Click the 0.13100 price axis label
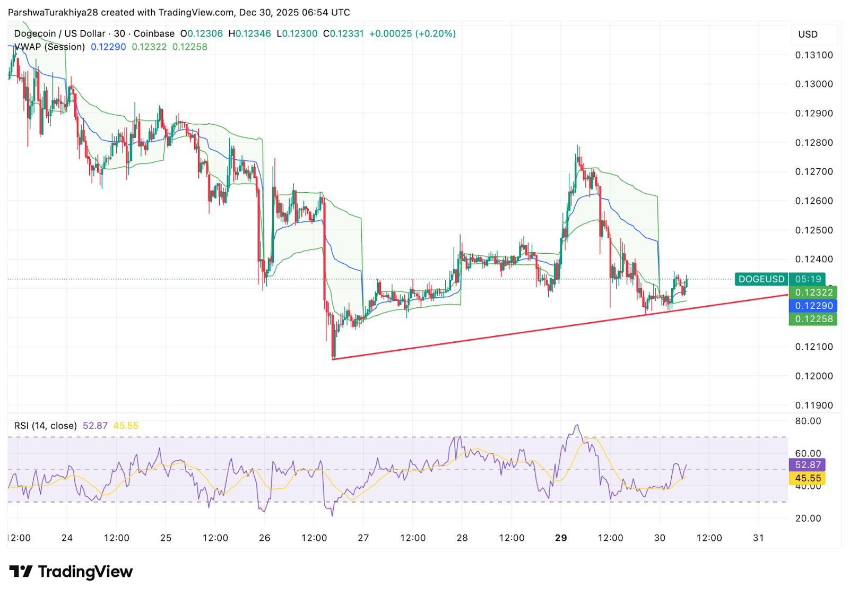click(x=813, y=55)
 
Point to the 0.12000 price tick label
click(x=813, y=376)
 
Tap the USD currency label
click(x=808, y=35)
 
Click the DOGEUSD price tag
click(x=761, y=279)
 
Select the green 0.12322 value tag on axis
click(x=813, y=292)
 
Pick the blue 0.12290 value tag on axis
click(x=813, y=306)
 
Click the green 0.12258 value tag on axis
click(x=813, y=319)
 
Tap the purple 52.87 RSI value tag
click(x=808, y=465)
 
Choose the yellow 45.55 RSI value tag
click(x=808, y=478)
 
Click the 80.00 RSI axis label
click(x=808, y=421)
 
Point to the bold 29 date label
click(x=561, y=538)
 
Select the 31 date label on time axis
click(x=758, y=538)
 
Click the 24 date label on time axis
click(x=67, y=538)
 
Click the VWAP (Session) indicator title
click(x=50, y=47)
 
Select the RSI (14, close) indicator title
click(x=46, y=426)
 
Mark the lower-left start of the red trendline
click(x=333, y=359)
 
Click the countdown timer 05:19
click(x=808, y=279)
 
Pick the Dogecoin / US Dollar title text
click(x=59, y=34)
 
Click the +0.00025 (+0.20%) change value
click(x=412, y=34)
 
